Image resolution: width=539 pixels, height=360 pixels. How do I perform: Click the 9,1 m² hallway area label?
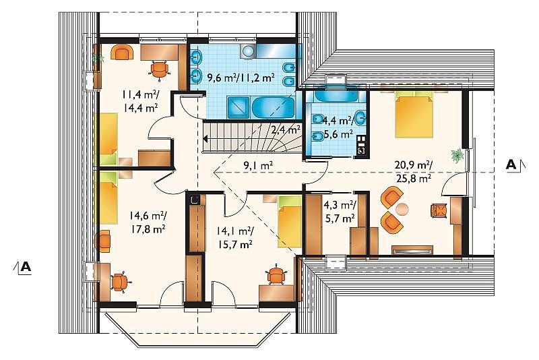[258, 166]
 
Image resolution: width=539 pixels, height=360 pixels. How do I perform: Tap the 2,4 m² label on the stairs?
[286, 130]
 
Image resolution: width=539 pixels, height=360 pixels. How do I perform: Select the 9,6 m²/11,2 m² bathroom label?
[241, 78]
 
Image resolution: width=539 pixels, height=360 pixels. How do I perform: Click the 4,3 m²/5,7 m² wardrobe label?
[340, 212]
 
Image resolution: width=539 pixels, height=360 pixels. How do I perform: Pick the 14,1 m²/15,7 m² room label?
[235, 237]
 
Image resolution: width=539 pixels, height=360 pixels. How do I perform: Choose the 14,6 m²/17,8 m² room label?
[148, 222]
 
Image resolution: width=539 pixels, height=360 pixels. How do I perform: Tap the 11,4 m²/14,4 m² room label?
[140, 101]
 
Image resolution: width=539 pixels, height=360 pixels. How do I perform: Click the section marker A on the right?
[511, 165]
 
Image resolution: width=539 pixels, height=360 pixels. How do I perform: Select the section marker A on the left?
[26, 266]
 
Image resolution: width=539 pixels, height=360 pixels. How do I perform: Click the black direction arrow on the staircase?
[206, 139]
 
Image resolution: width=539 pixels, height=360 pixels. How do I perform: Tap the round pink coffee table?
[402, 208]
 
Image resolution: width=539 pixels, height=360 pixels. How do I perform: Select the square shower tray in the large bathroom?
[239, 108]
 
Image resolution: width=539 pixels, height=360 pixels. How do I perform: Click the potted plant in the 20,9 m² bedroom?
[458, 156]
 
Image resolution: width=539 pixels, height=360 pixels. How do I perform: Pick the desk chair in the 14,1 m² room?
[276, 274]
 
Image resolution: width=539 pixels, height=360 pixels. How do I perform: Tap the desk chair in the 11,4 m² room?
[160, 70]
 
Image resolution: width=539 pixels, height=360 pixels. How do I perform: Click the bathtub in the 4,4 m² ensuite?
[337, 94]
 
